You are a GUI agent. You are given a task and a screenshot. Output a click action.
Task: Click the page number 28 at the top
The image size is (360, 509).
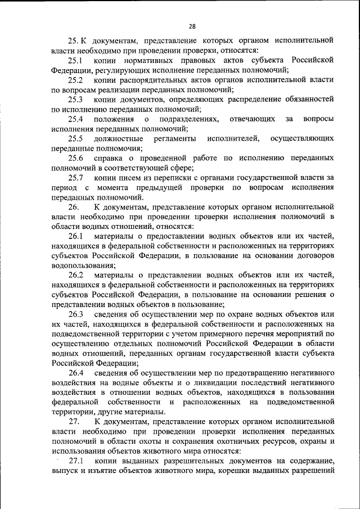pos(192,26)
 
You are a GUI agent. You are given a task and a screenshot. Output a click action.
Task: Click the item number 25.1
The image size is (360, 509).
pos(76,61)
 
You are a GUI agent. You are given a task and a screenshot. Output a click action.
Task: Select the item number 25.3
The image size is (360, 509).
pos(76,100)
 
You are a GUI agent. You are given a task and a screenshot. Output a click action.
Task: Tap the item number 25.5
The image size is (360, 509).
pos(76,138)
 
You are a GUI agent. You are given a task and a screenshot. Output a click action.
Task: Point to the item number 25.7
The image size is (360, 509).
pos(76,177)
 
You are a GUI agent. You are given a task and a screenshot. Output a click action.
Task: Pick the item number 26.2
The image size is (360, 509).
pos(76,274)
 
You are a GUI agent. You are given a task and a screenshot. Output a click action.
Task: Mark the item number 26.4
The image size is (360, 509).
pos(76,372)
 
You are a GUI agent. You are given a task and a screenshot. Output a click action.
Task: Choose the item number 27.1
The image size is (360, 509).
pos(76,460)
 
